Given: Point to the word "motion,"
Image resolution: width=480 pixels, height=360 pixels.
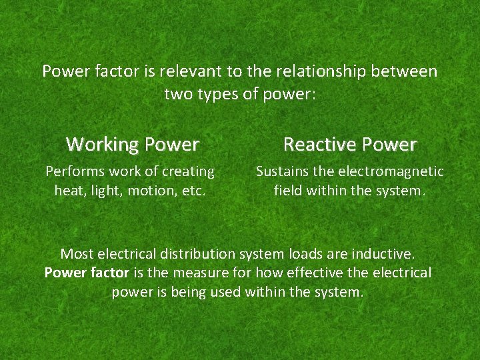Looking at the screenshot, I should point(151,191).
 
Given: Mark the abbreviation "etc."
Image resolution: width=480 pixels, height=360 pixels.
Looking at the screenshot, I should point(192,191).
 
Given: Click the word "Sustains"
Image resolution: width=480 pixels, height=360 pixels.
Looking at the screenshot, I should point(283,171).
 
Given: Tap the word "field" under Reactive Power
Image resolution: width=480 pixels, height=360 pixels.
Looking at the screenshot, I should point(288,191).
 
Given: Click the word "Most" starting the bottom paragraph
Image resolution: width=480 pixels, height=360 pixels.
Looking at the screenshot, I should point(77,253).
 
